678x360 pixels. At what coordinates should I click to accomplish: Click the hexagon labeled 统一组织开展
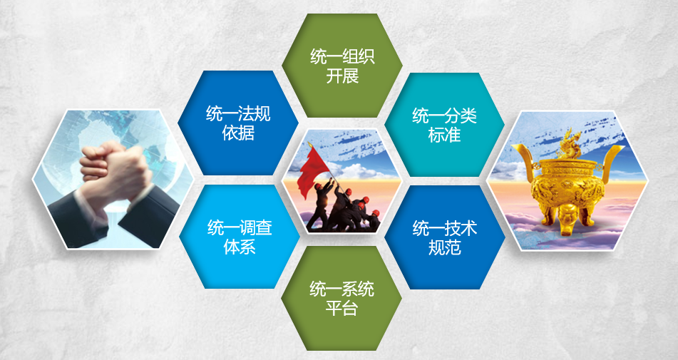(x=342, y=66)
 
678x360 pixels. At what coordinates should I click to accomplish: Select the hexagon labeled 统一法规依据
(x=238, y=123)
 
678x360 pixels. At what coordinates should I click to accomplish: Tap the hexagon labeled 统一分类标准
(x=444, y=125)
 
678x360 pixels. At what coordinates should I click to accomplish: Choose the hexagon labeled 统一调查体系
(x=239, y=237)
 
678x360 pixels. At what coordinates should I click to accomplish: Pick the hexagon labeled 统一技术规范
(x=444, y=237)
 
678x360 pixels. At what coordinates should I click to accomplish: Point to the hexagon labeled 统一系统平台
(x=341, y=298)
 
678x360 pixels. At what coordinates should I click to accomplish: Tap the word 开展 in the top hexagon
(x=342, y=76)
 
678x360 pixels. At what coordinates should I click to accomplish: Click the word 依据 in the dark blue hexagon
(x=238, y=133)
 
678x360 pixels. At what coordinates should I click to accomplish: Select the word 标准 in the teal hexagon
(x=444, y=135)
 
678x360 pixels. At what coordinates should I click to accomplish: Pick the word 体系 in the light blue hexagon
(x=240, y=247)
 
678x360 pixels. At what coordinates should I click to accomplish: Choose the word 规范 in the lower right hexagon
(x=444, y=247)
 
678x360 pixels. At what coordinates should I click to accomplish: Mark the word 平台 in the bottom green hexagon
(x=341, y=309)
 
